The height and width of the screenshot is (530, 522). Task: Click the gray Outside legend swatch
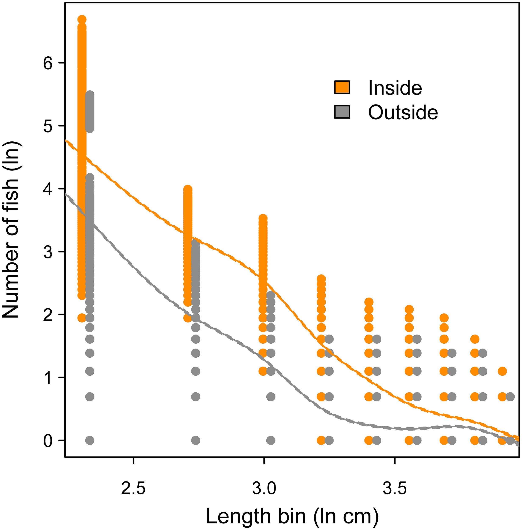tap(342, 112)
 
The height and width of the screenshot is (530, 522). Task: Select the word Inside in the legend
tap(395, 88)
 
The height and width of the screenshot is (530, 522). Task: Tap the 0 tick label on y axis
tap(48, 441)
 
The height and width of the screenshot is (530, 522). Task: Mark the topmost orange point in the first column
tap(82, 20)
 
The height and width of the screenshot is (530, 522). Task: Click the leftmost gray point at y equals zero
tap(90, 441)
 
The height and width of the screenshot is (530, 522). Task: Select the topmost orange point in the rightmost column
tap(502, 371)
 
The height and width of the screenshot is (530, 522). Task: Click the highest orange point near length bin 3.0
tap(263, 219)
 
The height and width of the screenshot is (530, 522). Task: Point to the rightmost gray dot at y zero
tap(510, 441)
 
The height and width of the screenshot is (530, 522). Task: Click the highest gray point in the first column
tap(90, 95)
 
